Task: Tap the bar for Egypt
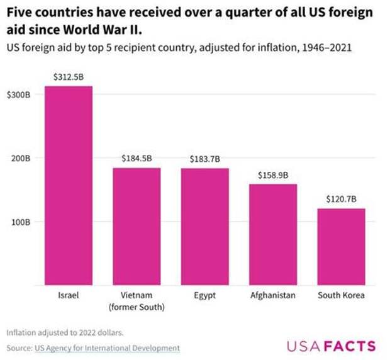(204, 226)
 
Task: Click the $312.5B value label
(69, 77)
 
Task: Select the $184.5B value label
(136, 159)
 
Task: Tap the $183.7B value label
(204, 159)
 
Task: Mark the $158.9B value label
(272, 174)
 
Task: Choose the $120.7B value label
(341, 199)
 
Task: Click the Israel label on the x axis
(69, 295)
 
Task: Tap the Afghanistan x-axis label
(272, 295)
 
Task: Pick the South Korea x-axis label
(341, 295)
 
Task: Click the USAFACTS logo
(331, 346)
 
